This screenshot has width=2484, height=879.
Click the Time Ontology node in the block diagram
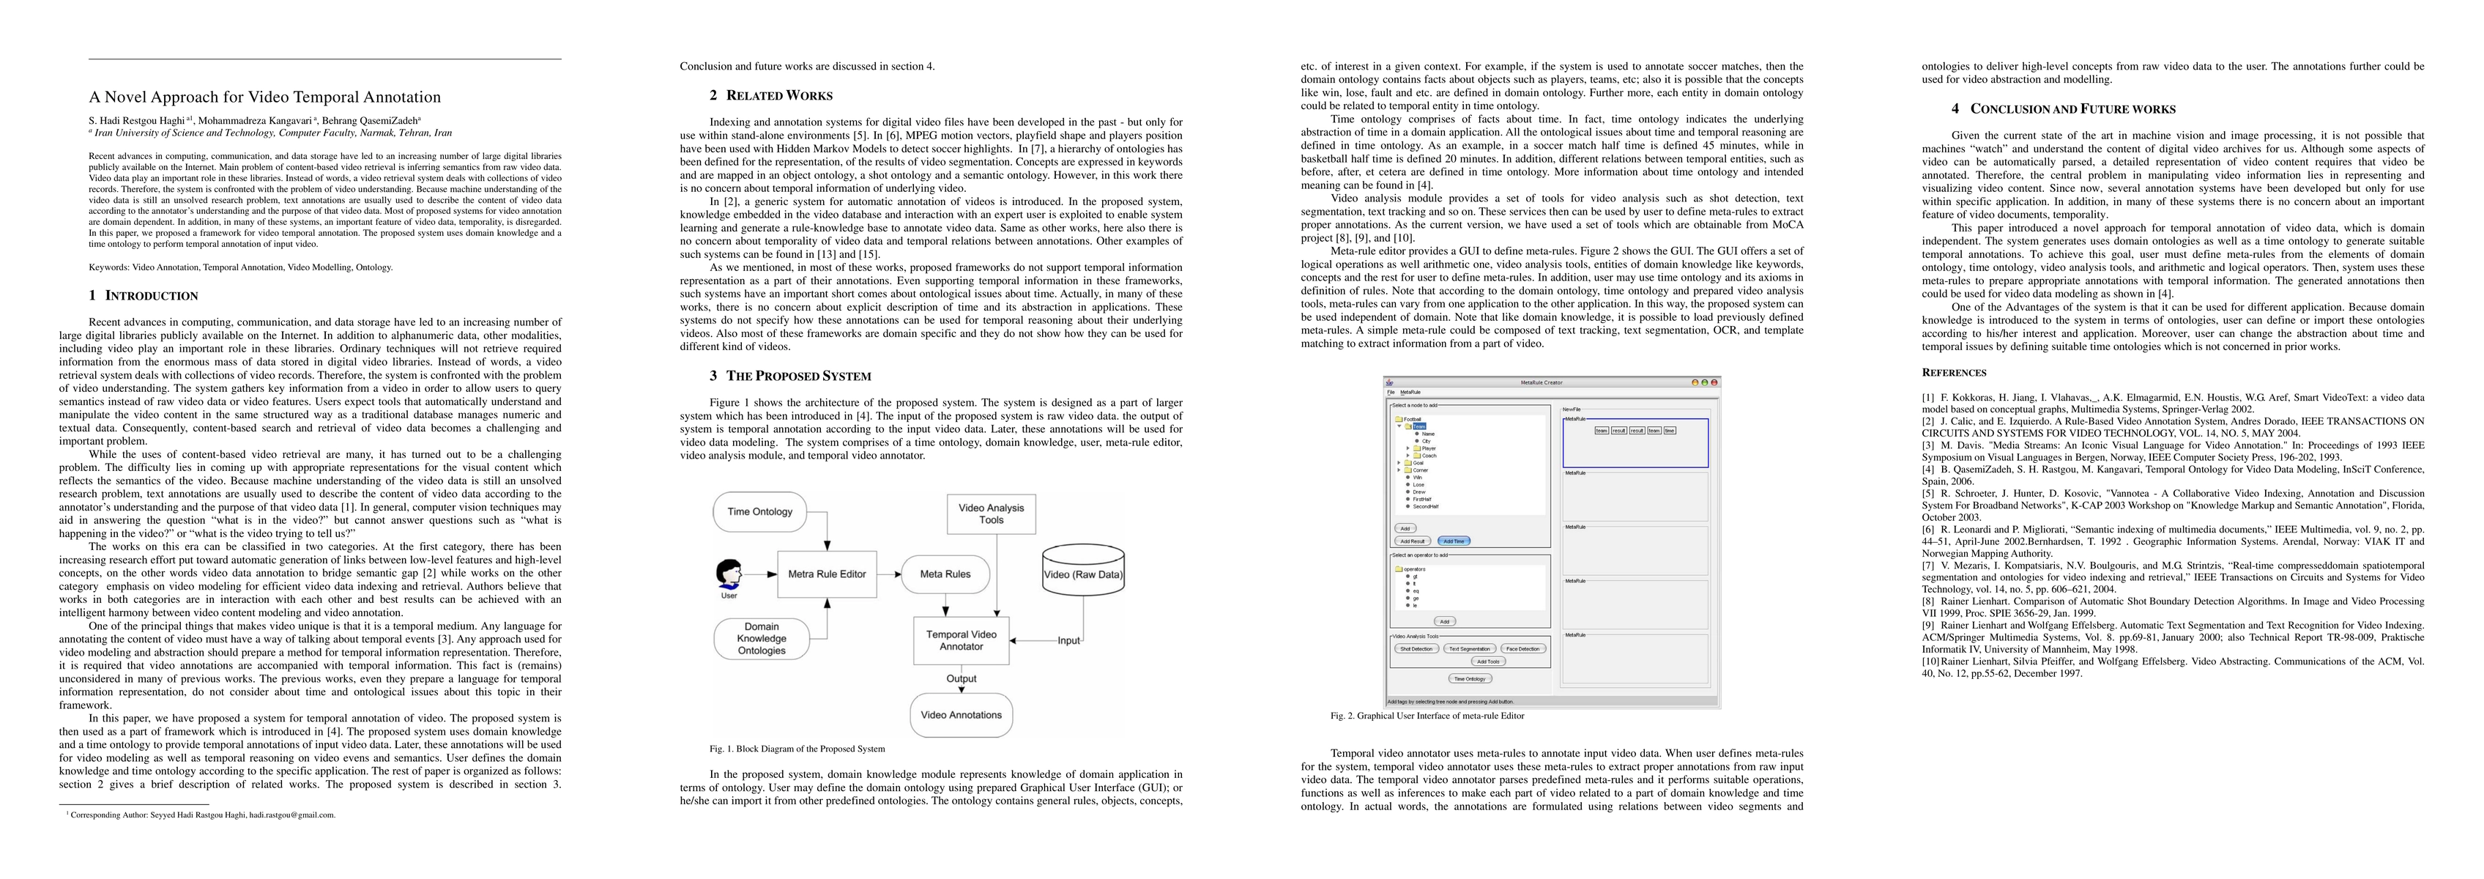pyautogui.click(x=760, y=511)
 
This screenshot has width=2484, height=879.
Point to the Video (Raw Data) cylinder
pyautogui.click(x=1083, y=574)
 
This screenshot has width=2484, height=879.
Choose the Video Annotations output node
pyautogui.click(x=961, y=715)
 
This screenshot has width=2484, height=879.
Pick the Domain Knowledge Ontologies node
pyautogui.click(x=761, y=639)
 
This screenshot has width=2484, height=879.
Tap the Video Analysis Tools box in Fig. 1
pyautogui.click(x=992, y=513)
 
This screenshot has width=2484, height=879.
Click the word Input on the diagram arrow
pyautogui.click(x=1068, y=641)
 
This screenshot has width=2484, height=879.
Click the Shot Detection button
pyautogui.click(x=1416, y=649)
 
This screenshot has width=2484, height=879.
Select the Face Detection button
pyautogui.click(x=1522, y=649)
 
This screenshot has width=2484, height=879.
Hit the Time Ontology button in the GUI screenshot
pyautogui.click(x=1470, y=679)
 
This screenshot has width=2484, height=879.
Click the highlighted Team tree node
pyautogui.click(x=1419, y=426)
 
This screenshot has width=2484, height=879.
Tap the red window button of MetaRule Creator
pyautogui.click(x=1714, y=382)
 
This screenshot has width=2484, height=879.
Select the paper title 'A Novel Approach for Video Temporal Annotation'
pyautogui.click(x=264, y=97)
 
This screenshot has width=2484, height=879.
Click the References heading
pyautogui.click(x=1954, y=372)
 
